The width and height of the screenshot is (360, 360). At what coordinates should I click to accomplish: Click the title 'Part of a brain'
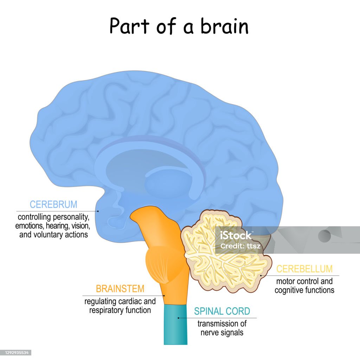(179, 26)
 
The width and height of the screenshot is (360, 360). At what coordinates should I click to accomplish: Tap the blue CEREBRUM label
(53, 204)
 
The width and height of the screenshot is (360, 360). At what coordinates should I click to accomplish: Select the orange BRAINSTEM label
(120, 289)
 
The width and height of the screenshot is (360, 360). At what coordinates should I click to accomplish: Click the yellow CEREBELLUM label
(304, 269)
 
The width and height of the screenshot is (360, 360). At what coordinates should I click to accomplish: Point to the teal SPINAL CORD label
(222, 311)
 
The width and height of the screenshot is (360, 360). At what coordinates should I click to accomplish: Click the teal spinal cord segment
(175, 324)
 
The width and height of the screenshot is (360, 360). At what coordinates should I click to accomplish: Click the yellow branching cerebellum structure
(226, 251)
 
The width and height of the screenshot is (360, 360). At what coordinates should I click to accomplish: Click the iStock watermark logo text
(236, 235)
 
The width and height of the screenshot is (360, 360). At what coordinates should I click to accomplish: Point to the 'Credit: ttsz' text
(240, 246)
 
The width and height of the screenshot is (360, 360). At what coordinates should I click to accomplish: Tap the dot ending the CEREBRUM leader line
(98, 211)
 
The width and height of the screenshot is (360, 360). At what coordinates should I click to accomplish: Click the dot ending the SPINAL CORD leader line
(179, 318)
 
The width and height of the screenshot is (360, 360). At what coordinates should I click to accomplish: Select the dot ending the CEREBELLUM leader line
(261, 276)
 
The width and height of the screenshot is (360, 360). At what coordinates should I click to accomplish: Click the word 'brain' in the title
(225, 26)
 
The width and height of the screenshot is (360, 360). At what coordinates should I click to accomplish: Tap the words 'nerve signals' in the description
(222, 333)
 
